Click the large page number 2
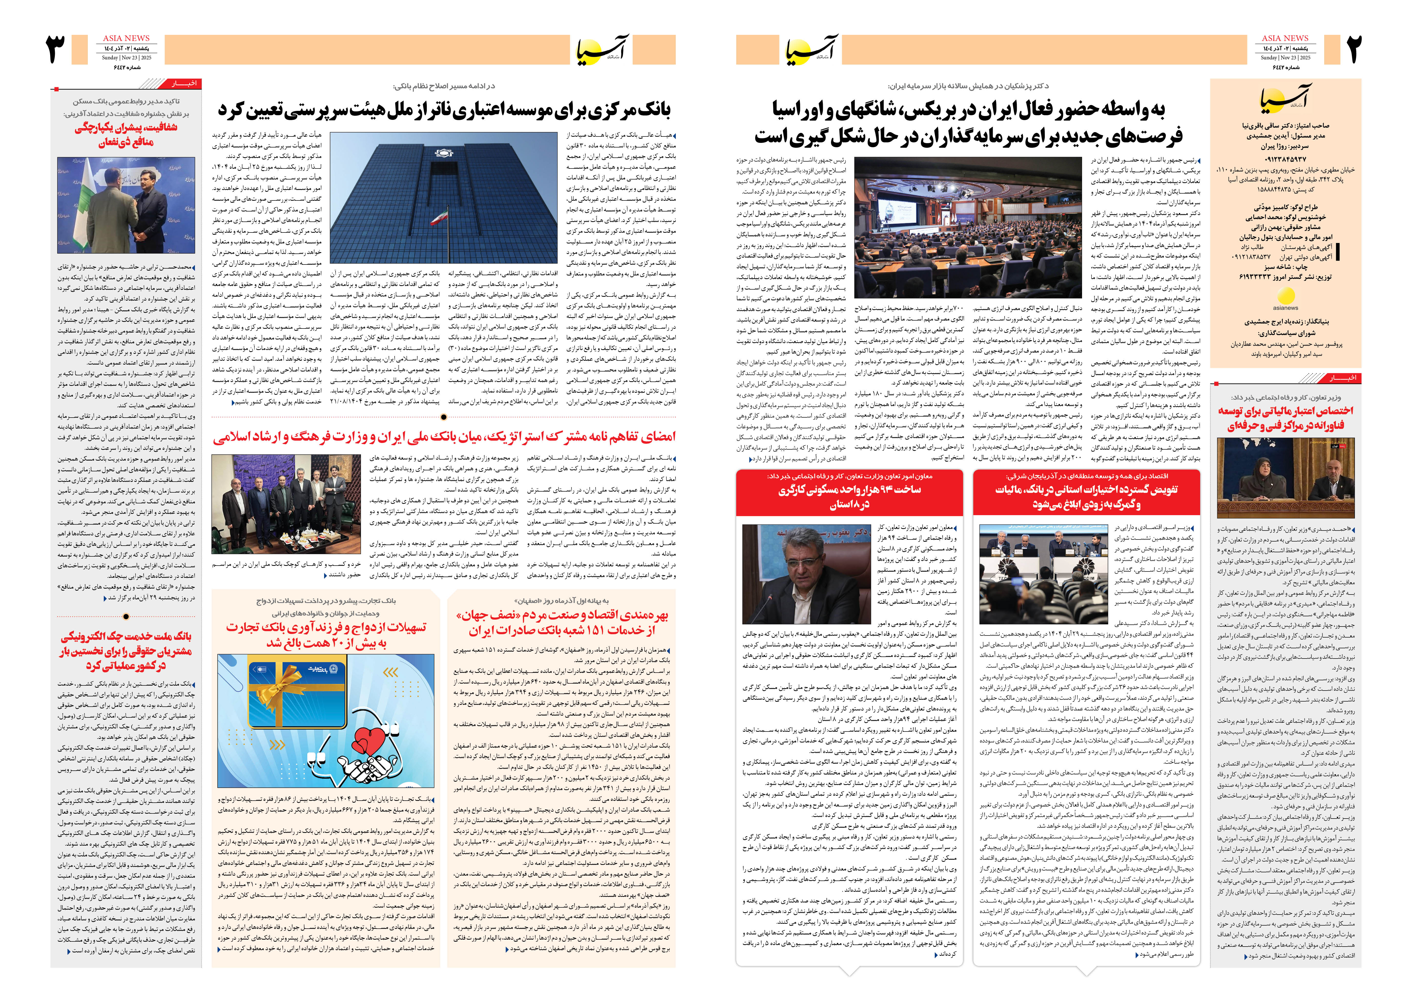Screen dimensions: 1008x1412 tap(1354, 50)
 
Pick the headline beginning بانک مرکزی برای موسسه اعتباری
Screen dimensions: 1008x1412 tap(444, 111)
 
